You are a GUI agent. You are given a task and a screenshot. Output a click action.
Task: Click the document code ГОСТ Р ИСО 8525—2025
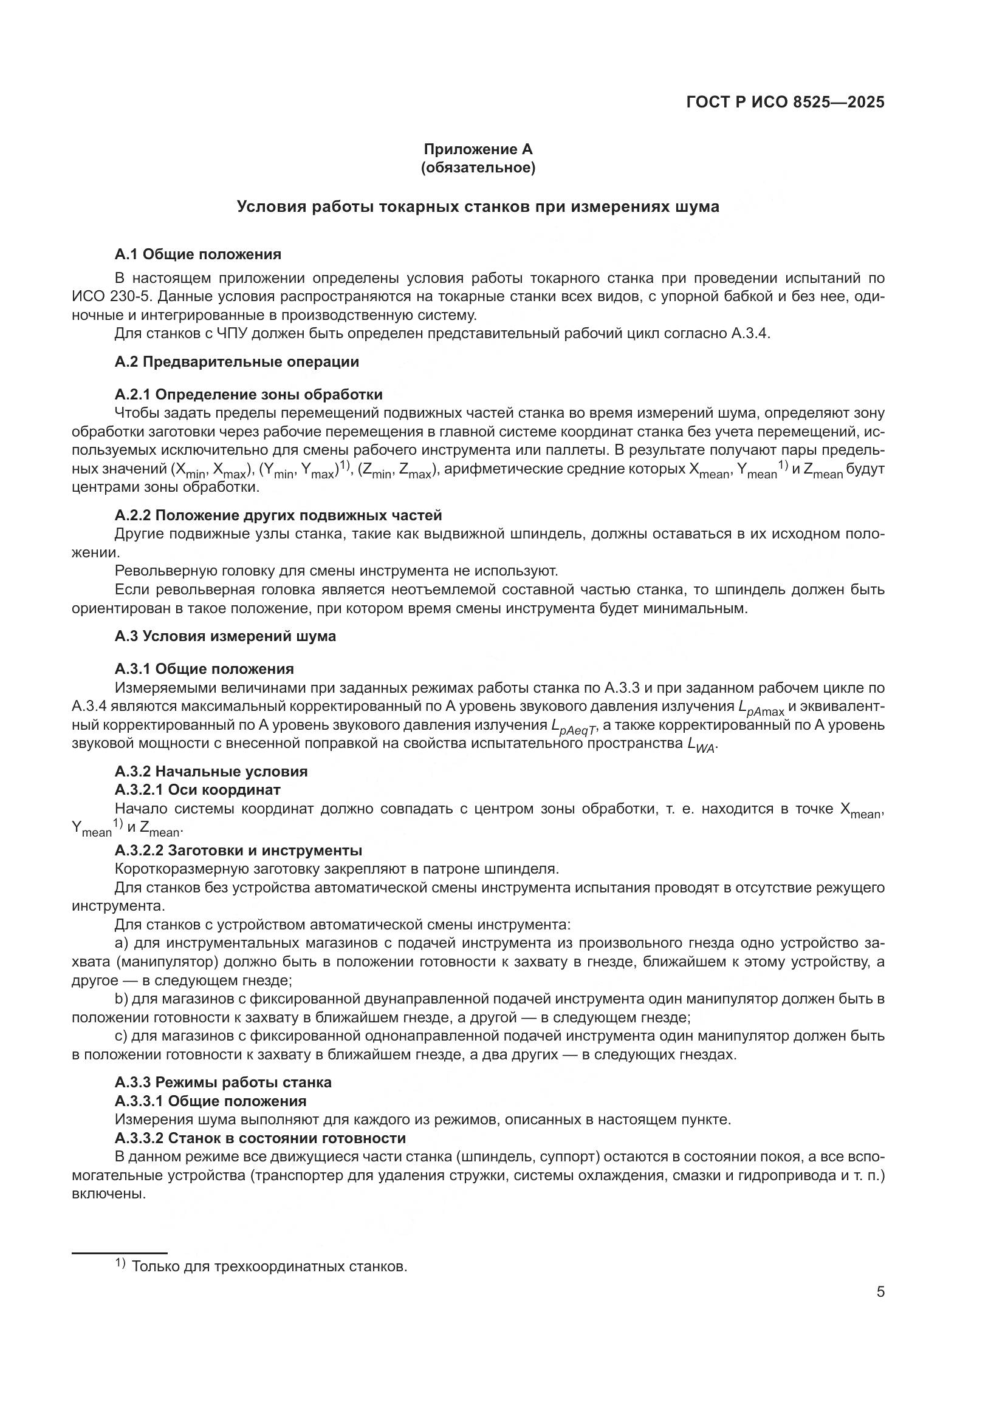pos(784,103)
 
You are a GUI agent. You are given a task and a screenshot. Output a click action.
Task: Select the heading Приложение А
pos(478,149)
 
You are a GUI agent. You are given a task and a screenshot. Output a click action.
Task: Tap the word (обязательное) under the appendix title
pos(478,168)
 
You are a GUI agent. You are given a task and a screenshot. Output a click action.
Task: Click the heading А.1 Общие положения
pos(197,254)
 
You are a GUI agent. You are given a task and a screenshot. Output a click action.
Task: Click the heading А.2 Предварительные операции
pos(236,362)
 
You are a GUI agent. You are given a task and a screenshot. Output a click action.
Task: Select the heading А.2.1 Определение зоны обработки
pos(248,395)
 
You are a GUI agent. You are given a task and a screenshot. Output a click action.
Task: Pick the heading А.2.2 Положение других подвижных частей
pos(278,515)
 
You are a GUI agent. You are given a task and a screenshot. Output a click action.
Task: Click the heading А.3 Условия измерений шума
pos(225,636)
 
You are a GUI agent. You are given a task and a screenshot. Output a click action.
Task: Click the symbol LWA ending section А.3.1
pos(701,746)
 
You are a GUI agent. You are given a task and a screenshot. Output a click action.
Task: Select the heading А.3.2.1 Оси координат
pos(197,790)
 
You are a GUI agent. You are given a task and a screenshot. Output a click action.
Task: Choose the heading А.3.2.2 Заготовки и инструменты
pos(238,851)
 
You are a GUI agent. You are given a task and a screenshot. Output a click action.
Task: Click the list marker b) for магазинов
pos(121,999)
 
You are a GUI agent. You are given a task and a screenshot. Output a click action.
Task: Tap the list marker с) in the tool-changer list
pos(121,1036)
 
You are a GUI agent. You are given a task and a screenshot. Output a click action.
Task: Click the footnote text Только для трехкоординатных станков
pos(269,1266)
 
